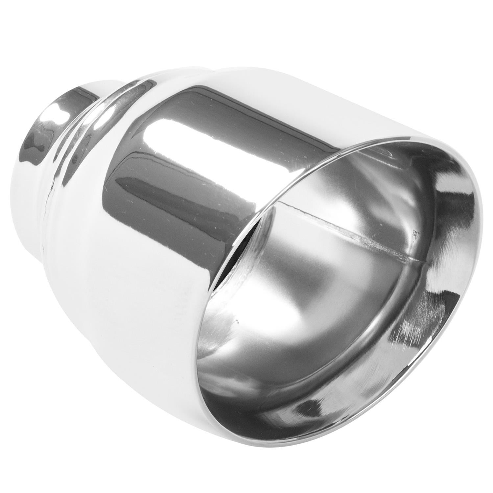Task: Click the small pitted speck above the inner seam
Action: (x=415, y=234)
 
